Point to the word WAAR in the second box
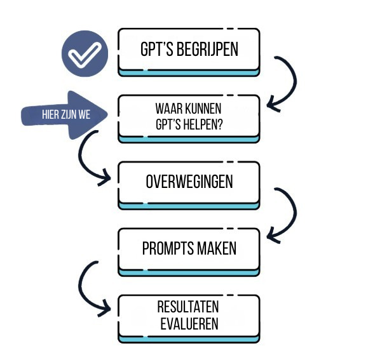pyautogui.click(x=168, y=109)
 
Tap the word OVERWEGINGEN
pyautogui.click(x=189, y=182)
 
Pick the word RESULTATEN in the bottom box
pyautogui.click(x=189, y=307)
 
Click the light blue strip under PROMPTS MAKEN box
pyautogui.click(x=189, y=272)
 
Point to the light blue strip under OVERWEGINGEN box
pyautogui.click(x=189, y=205)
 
